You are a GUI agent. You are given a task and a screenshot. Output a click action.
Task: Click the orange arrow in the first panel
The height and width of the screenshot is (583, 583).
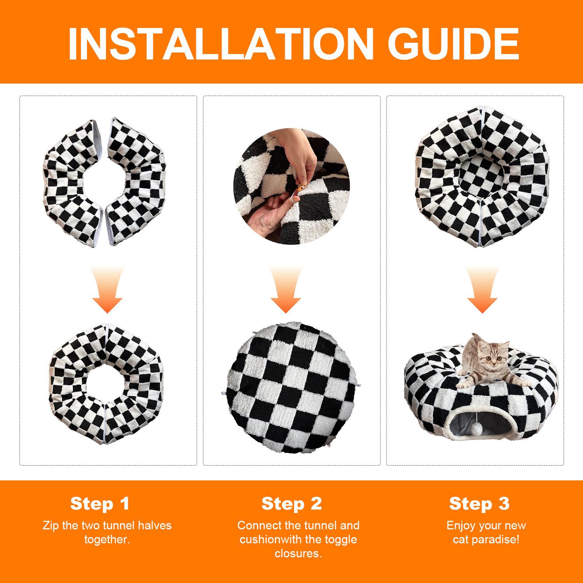coord(107,290)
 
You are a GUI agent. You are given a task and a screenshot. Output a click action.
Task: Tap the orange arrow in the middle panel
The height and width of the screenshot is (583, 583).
coord(286,290)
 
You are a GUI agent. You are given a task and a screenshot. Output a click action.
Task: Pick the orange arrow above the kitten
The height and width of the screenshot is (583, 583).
coord(482,290)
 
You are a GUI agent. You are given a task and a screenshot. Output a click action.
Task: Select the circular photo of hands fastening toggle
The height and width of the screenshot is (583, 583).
coord(291,187)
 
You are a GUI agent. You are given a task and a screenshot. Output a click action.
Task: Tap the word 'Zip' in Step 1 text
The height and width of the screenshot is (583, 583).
coord(51,526)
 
